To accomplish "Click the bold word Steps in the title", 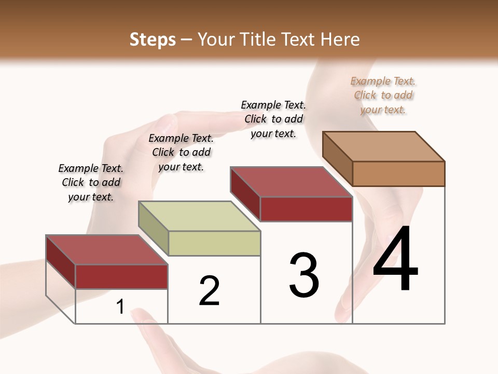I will [153, 39].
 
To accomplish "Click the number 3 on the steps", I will [304, 275].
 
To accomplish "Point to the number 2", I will [209, 291].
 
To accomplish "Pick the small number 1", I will [120, 307].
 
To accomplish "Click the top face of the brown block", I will [383, 146].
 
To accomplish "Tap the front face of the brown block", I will [398, 173].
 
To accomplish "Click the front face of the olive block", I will [214, 243].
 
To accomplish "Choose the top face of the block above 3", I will [291, 182].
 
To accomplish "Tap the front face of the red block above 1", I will [121, 276].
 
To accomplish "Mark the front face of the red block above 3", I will [306, 209].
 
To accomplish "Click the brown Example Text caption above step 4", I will [383, 95].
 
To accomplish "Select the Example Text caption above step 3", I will [273, 119].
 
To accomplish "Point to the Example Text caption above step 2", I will [181, 152].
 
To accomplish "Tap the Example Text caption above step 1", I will [91, 182].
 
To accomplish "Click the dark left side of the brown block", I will [338, 159].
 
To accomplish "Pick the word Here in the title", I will [341, 39].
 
